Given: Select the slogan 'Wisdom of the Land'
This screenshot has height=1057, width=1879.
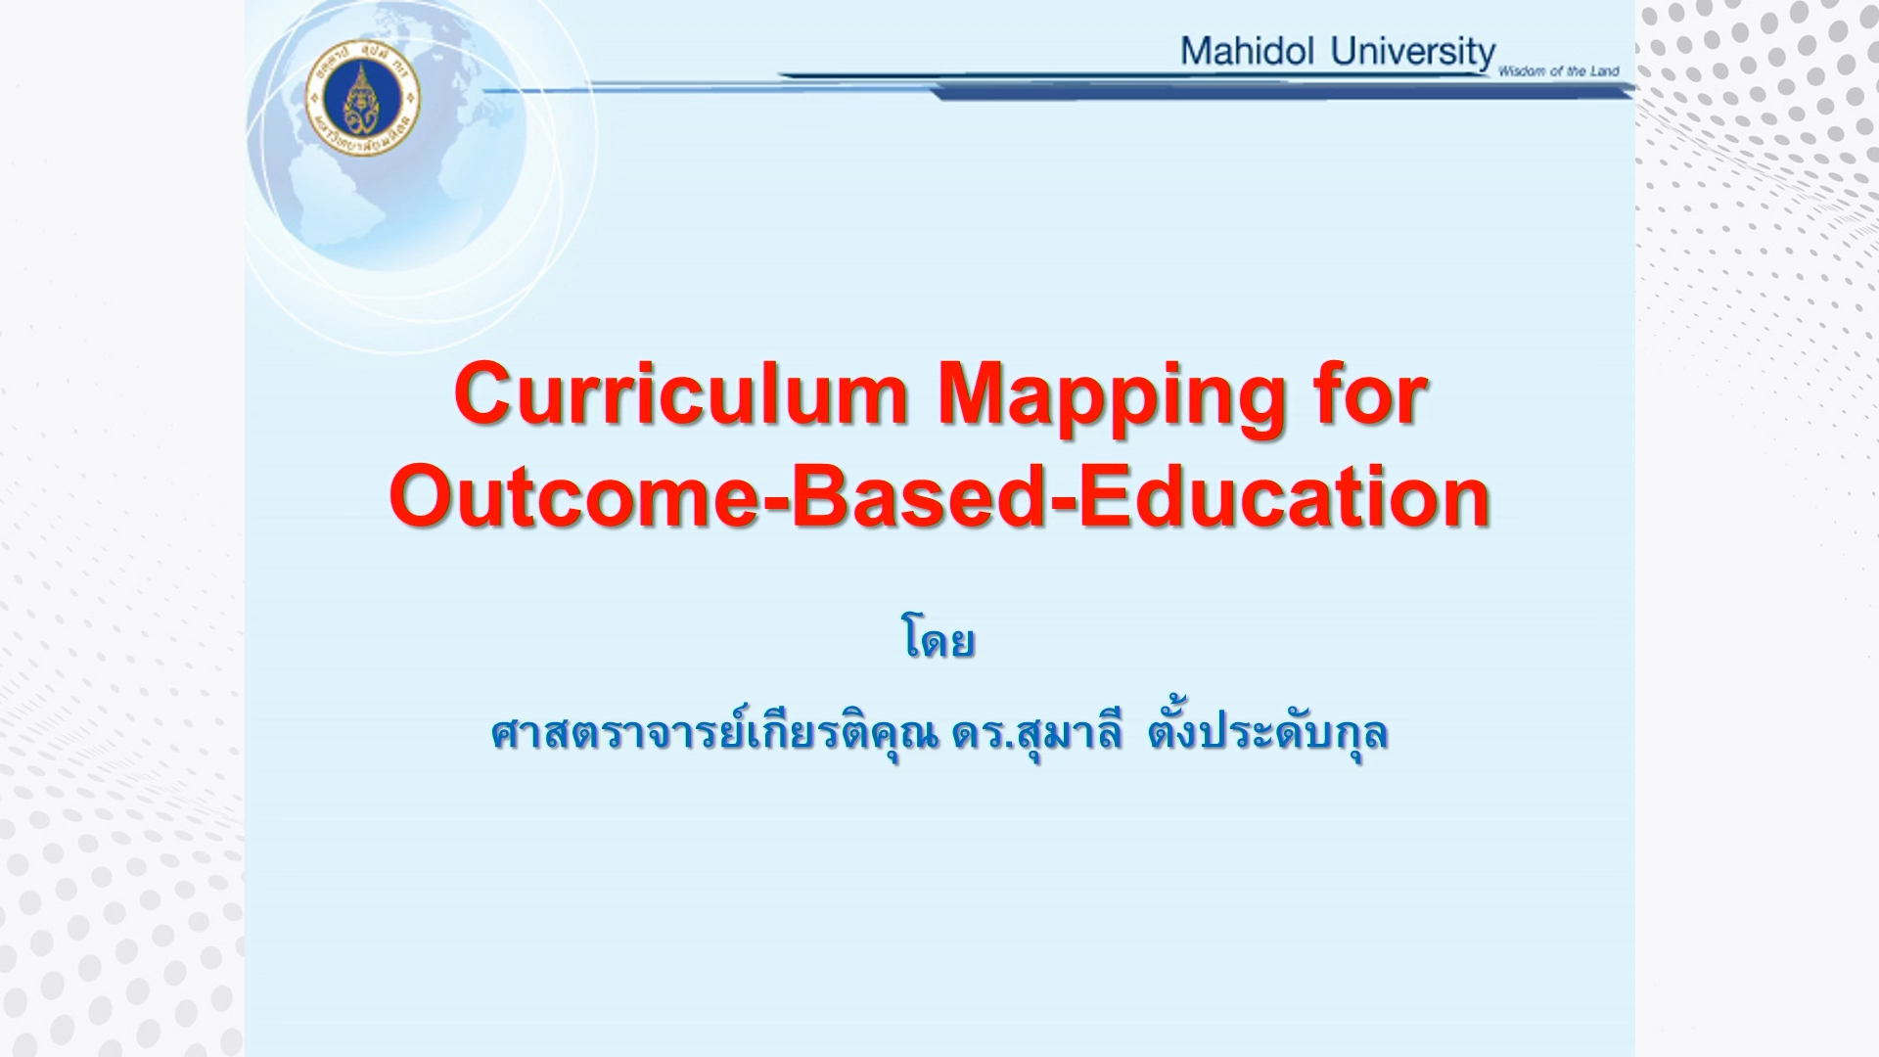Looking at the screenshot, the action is (1558, 70).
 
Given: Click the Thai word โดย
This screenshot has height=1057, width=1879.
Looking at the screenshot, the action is (938, 642).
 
